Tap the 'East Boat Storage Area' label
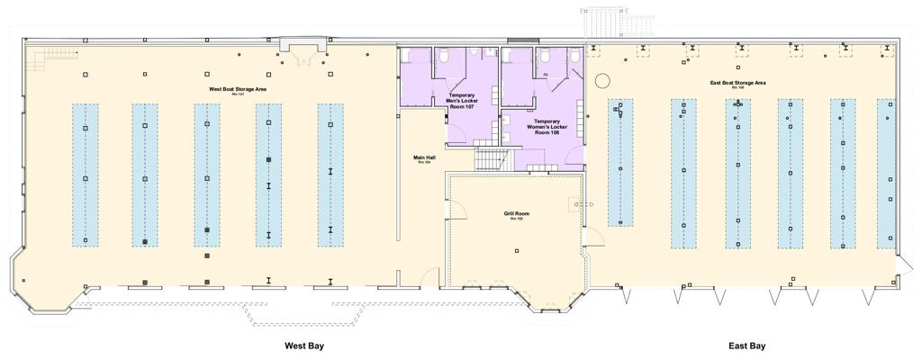point(737,83)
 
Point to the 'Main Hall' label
point(424,158)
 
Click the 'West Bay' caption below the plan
point(303,346)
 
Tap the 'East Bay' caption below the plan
point(746,346)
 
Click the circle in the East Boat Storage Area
point(601,82)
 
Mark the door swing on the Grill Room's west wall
point(457,212)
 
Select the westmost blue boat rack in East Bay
point(619,162)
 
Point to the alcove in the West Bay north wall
point(303,47)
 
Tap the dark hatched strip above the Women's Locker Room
point(522,40)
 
